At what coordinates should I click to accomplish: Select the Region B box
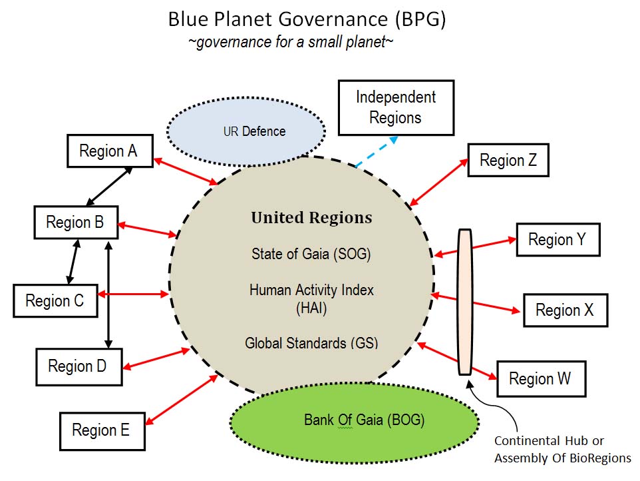point(76,222)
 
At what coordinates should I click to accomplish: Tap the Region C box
point(55,300)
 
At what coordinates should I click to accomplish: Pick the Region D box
point(79,366)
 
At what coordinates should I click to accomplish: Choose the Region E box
point(102,430)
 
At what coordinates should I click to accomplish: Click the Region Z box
point(508,160)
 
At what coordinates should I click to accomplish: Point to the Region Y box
point(558,240)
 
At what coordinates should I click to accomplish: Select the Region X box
point(565,310)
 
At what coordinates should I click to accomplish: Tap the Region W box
point(540,378)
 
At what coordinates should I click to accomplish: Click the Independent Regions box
point(396,107)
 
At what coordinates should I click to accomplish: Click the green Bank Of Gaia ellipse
point(354,420)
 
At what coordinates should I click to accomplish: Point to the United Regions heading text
point(311,218)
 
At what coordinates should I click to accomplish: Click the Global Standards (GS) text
point(311,344)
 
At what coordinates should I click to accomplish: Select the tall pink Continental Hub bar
point(465,302)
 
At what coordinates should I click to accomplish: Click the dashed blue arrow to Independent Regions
point(377,151)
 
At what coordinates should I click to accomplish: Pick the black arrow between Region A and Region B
point(109,185)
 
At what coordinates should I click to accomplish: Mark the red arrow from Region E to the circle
point(182,398)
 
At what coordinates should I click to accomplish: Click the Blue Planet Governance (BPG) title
point(307,19)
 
